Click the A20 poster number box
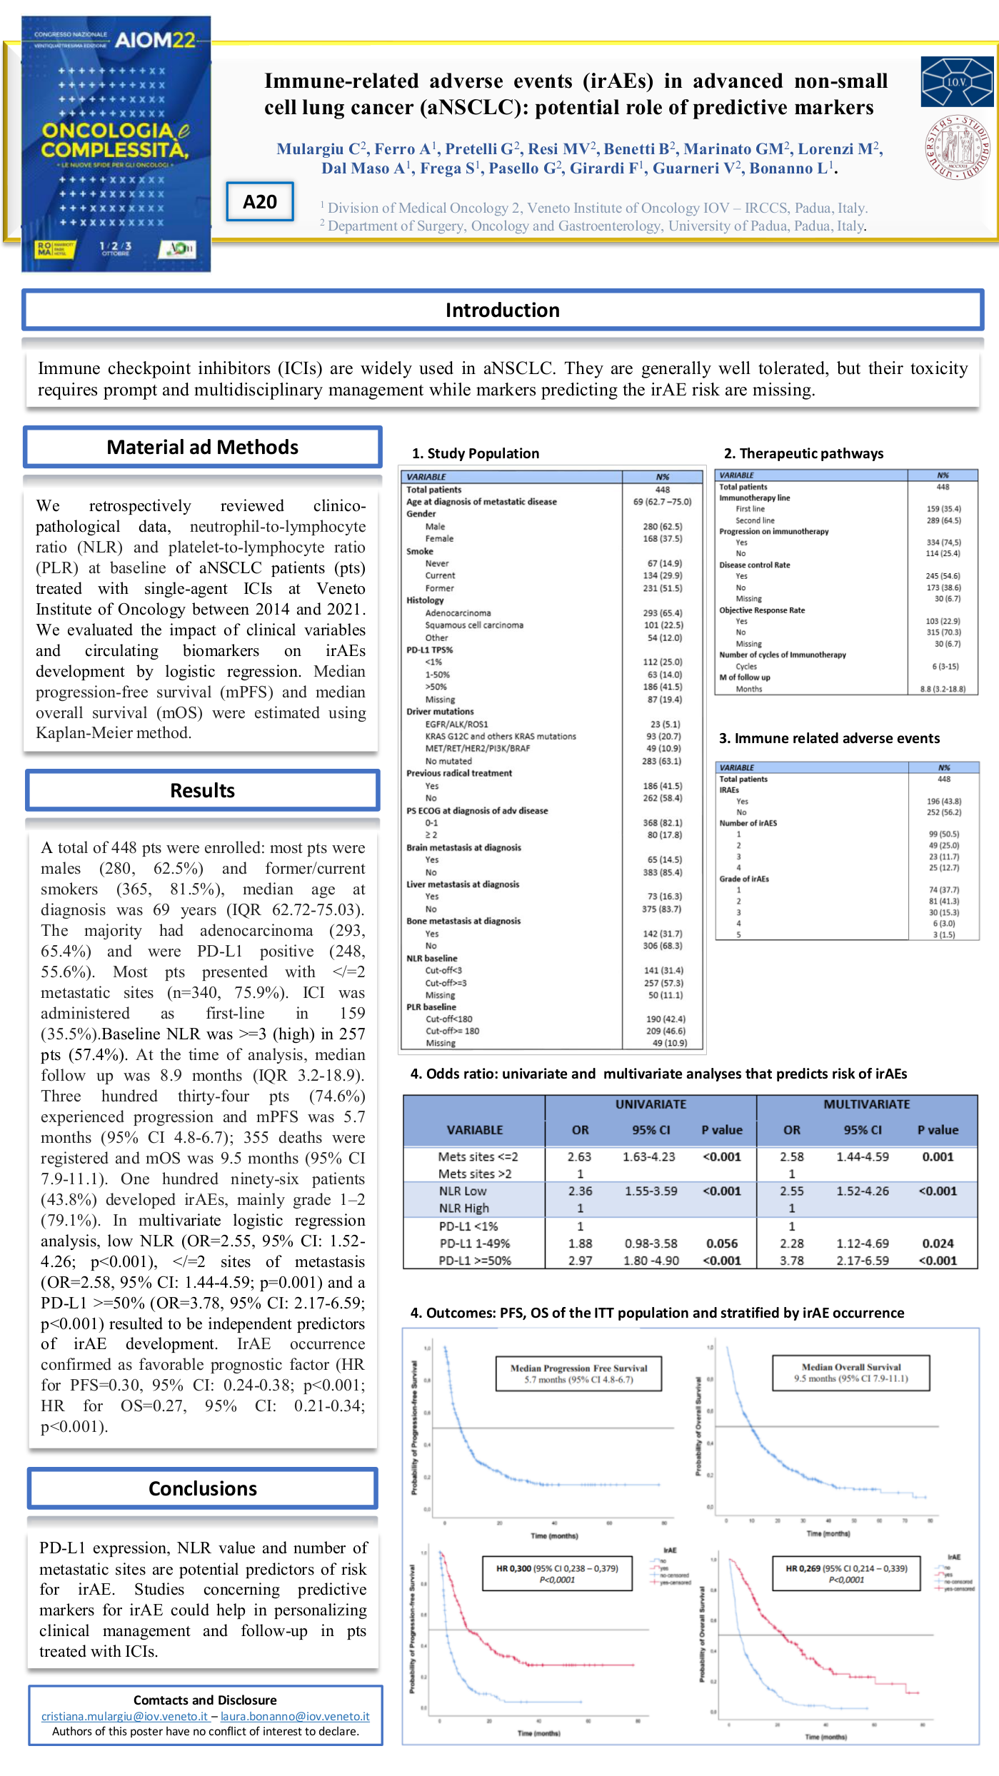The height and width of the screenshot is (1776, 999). tap(260, 202)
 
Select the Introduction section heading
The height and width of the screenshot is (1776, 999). tap(502, 310)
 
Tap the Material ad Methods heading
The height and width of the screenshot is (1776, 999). tap(203, 448)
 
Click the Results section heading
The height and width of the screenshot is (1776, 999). tap(202, 790)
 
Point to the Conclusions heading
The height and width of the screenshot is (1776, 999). tap(202, 1488)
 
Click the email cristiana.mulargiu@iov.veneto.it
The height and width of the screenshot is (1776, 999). tap(124, 1716)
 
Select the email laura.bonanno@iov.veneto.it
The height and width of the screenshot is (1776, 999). tap(295, 1716)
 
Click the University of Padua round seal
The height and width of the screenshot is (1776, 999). tap(957, 147)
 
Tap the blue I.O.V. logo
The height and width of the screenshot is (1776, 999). tap(957, 82)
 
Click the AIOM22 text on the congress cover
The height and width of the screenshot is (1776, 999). tap(155, 40)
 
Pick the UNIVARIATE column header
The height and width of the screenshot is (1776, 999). tap(651, 1104)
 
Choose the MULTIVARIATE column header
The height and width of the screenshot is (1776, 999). tap(866, 1104)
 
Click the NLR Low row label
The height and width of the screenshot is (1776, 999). tap(463, 1191)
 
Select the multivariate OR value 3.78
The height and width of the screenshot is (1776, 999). tap(792, 1261)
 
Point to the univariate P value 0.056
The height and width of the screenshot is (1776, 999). tap(722, 1243)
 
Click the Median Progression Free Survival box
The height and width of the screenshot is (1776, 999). tap(578, 1373)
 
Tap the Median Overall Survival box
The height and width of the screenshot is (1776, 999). tap(850, 1373)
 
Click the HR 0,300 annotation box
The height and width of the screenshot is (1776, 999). tap(557, 1573)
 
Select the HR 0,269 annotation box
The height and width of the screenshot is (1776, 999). tap(846, 1573)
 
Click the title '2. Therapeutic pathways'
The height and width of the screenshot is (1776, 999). tap(803, 453)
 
